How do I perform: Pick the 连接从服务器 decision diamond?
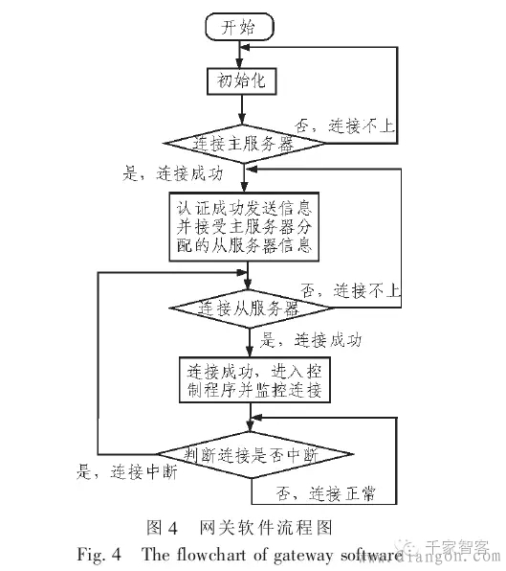[x=248, y=308]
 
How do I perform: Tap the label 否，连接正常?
[x=325, y=493]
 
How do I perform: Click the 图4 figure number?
[x=163, y=526]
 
